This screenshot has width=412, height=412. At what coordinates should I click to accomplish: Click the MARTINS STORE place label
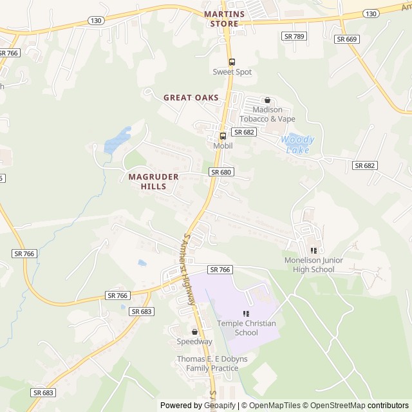pos(224,19)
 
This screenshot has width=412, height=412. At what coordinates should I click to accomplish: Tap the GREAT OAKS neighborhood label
pos(191,98)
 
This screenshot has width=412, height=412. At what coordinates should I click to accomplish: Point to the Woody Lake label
pos(298,145)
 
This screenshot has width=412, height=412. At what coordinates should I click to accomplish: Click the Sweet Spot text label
pos(232,72)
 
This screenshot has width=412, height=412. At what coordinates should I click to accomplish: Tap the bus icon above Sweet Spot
pos(232,62)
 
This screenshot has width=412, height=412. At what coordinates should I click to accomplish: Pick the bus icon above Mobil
pos(223,136)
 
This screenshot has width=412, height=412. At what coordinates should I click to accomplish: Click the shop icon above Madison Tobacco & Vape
pos(267,100)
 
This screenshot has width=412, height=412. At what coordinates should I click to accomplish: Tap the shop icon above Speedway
pos(194,332)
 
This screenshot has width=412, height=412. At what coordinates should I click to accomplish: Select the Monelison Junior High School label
pos(314,265)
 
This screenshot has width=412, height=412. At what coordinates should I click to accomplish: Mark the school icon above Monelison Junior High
pos(314,250)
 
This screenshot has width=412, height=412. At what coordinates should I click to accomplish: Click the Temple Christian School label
pos(246,328)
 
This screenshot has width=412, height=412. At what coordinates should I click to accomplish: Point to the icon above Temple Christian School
pos(246,314)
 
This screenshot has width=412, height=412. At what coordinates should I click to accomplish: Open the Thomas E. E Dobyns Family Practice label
pos(207,364)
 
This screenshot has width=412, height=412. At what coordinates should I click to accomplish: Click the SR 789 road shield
pos(294,36)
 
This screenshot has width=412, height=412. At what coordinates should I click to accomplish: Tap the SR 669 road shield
pos(347,39)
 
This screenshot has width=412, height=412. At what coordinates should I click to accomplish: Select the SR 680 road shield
pos(221,172)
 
